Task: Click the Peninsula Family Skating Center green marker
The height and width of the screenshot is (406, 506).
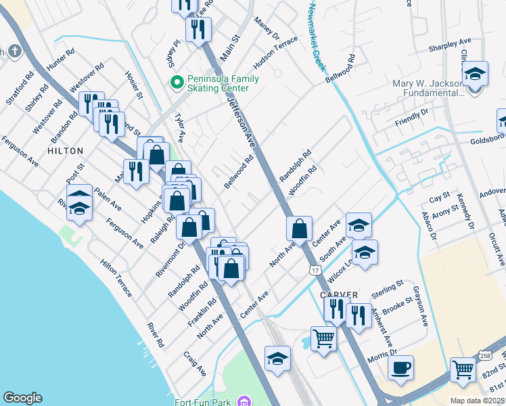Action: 177,83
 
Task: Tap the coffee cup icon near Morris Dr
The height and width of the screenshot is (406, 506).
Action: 400,367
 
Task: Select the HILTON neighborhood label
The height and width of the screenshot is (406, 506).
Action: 66,151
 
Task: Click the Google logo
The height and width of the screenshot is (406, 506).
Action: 22,398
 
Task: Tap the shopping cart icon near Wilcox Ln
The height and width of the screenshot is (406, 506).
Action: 323,338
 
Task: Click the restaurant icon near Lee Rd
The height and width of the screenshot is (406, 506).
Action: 198,29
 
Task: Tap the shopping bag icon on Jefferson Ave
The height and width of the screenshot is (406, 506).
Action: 299,228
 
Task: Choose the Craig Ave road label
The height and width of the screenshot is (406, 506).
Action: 195,363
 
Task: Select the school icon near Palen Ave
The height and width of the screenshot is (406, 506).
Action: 79,200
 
